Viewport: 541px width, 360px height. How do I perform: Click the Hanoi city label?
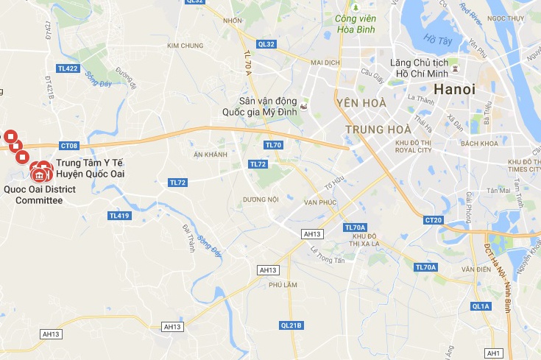pos(455,89)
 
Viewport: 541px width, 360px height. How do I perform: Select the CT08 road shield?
pos(69,146)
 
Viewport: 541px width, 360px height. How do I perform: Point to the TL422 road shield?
pos(66,68)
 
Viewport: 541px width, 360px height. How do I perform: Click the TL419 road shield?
pos(119,216)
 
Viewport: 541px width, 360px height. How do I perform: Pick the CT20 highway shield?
pos(434,220)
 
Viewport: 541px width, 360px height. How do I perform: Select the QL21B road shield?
pos(291,325)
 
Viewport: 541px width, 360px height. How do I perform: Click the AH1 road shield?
pos(494,354)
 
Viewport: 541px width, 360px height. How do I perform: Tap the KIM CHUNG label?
pos(185,46)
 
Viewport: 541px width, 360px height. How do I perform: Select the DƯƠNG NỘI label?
pos(261,200)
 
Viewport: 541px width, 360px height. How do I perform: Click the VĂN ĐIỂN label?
pos(476,269)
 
